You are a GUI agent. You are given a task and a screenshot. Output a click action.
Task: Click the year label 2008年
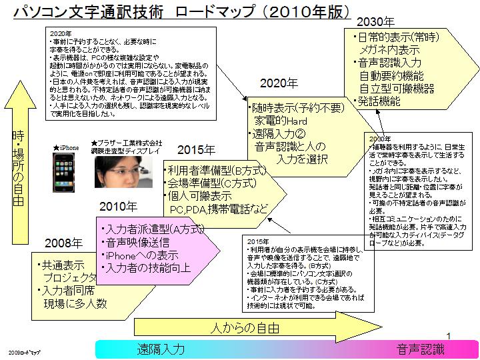(x=64, y=243)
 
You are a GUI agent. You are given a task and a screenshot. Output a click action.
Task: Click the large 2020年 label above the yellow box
(x=279, y=84)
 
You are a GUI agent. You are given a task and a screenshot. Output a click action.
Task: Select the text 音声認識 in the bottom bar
(x=421, y=349)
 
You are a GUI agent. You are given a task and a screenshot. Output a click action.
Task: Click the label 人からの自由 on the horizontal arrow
(x=245, y=328)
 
